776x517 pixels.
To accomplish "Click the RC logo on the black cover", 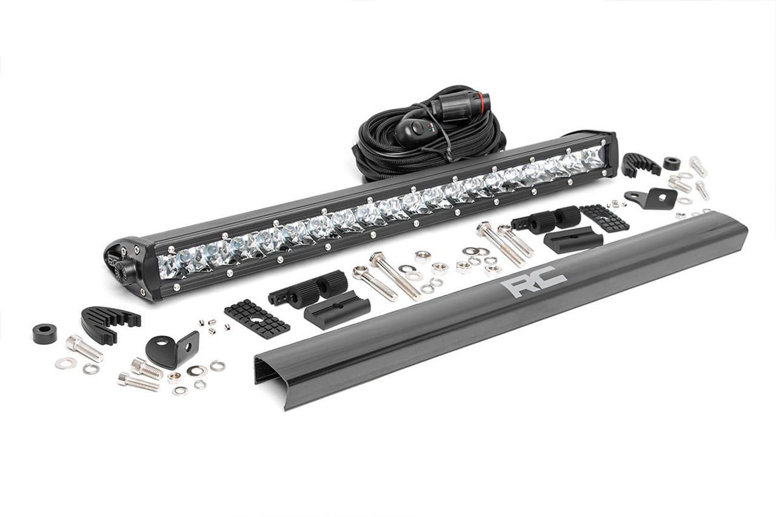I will tap(537, 281).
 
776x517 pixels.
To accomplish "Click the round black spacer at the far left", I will tap(45, 333).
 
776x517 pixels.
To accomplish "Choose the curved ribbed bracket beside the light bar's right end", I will tap(640, 163).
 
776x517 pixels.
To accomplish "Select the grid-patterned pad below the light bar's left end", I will tap(256, 317).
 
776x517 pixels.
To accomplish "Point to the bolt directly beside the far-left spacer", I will tap(84, 348).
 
